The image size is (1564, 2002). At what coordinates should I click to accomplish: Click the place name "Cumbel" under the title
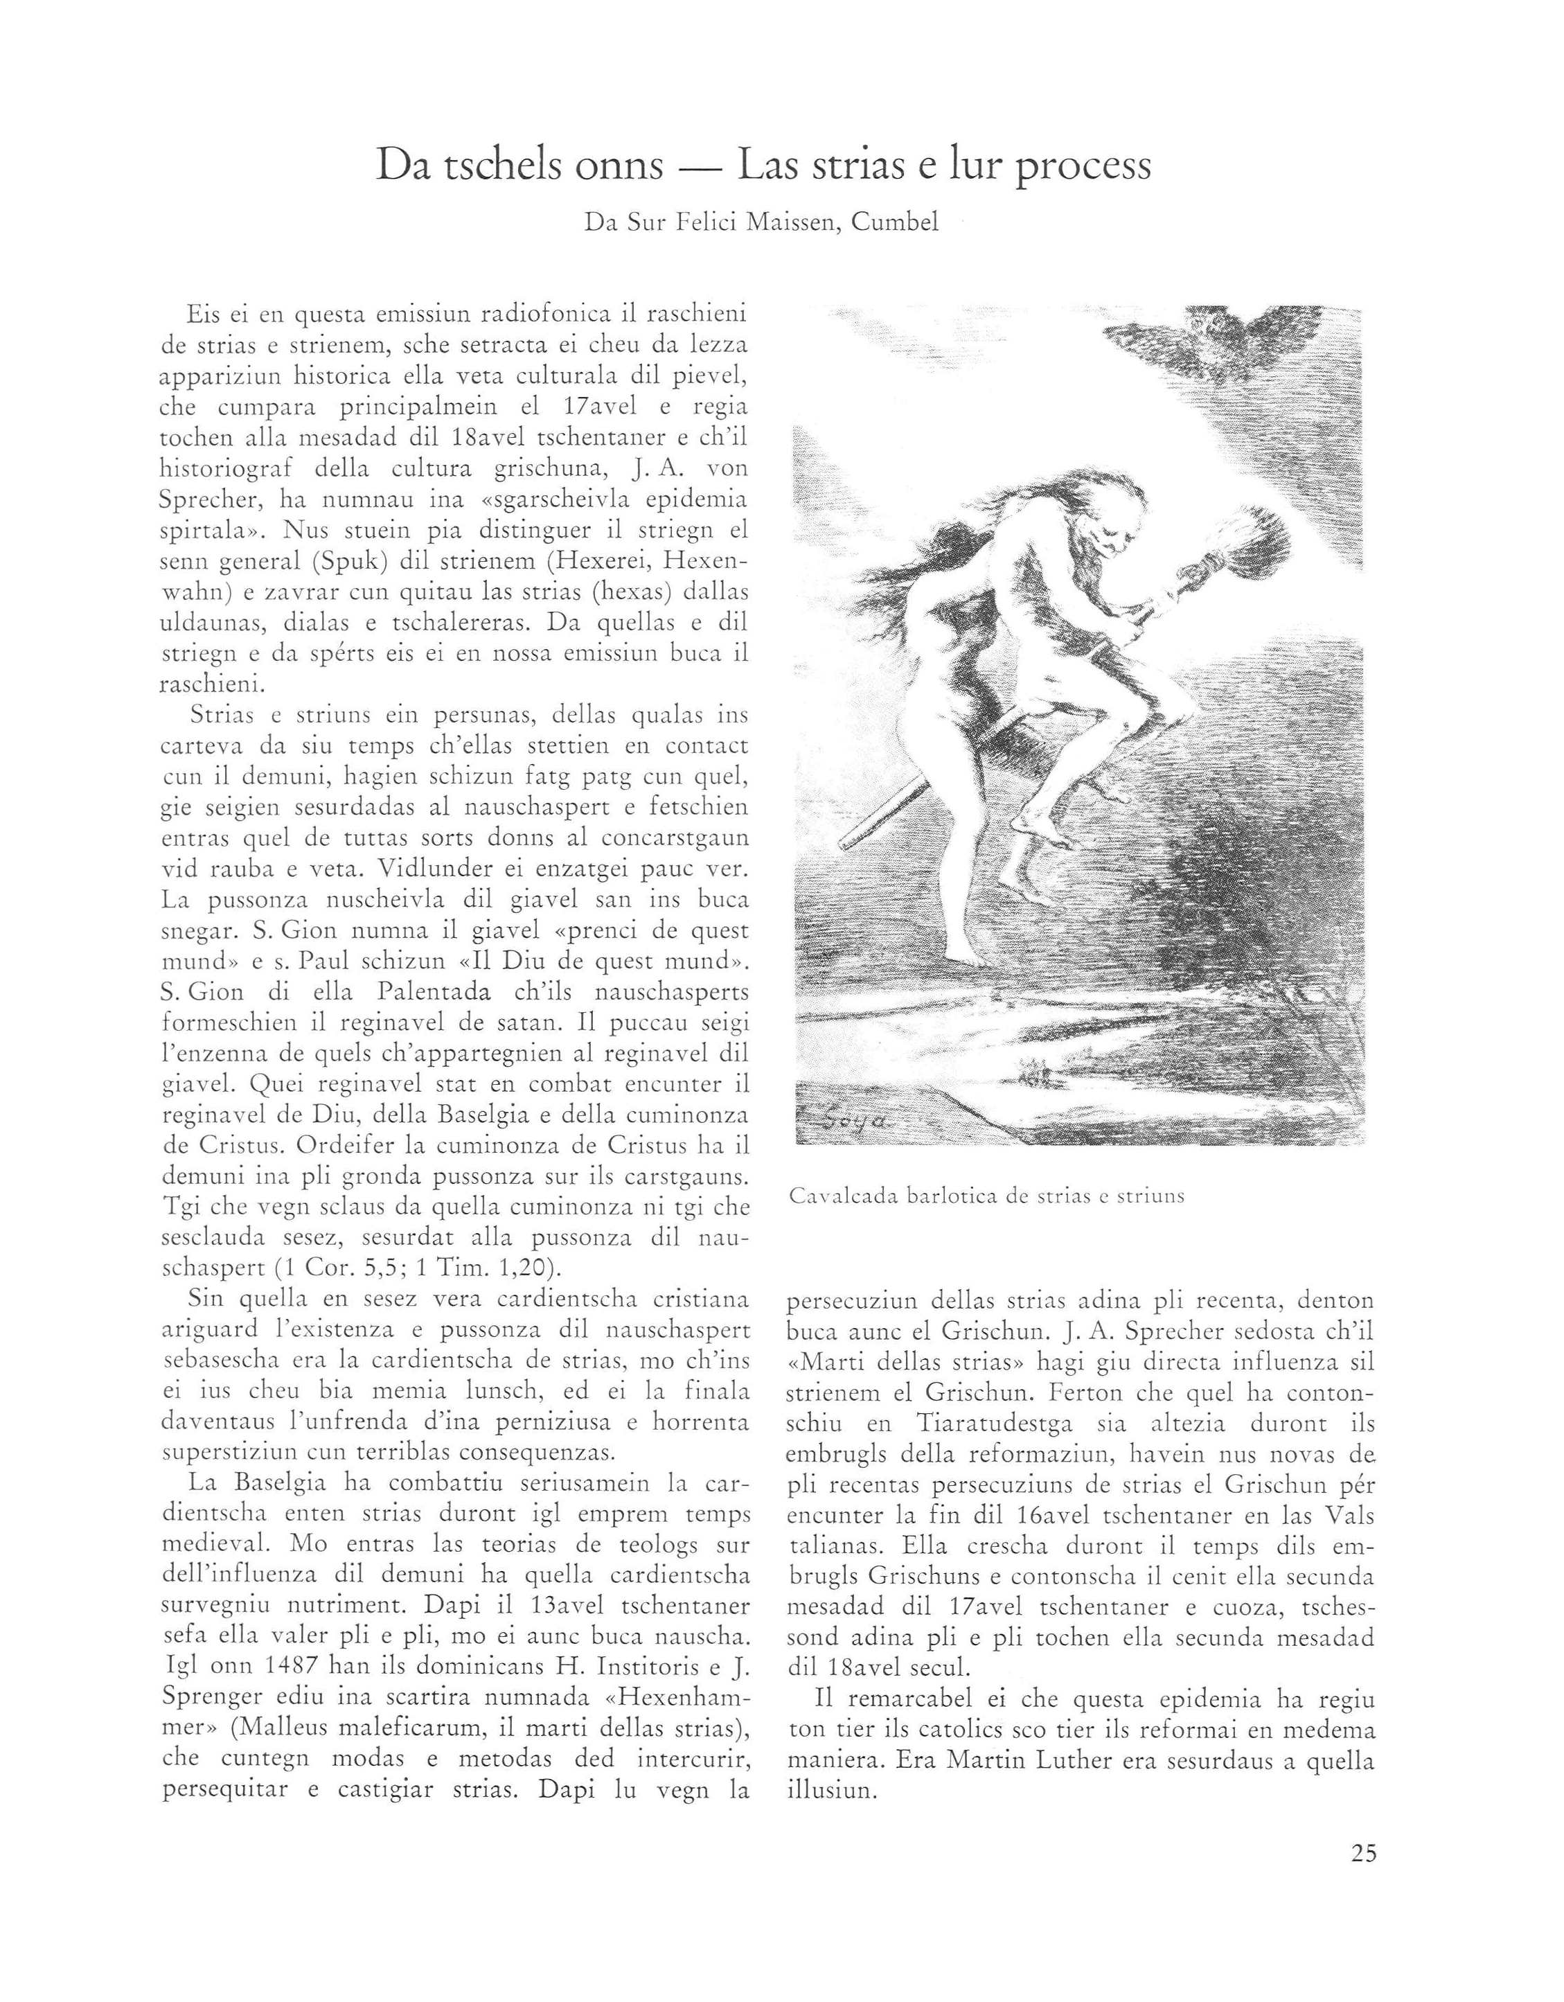tap(895, 223)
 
